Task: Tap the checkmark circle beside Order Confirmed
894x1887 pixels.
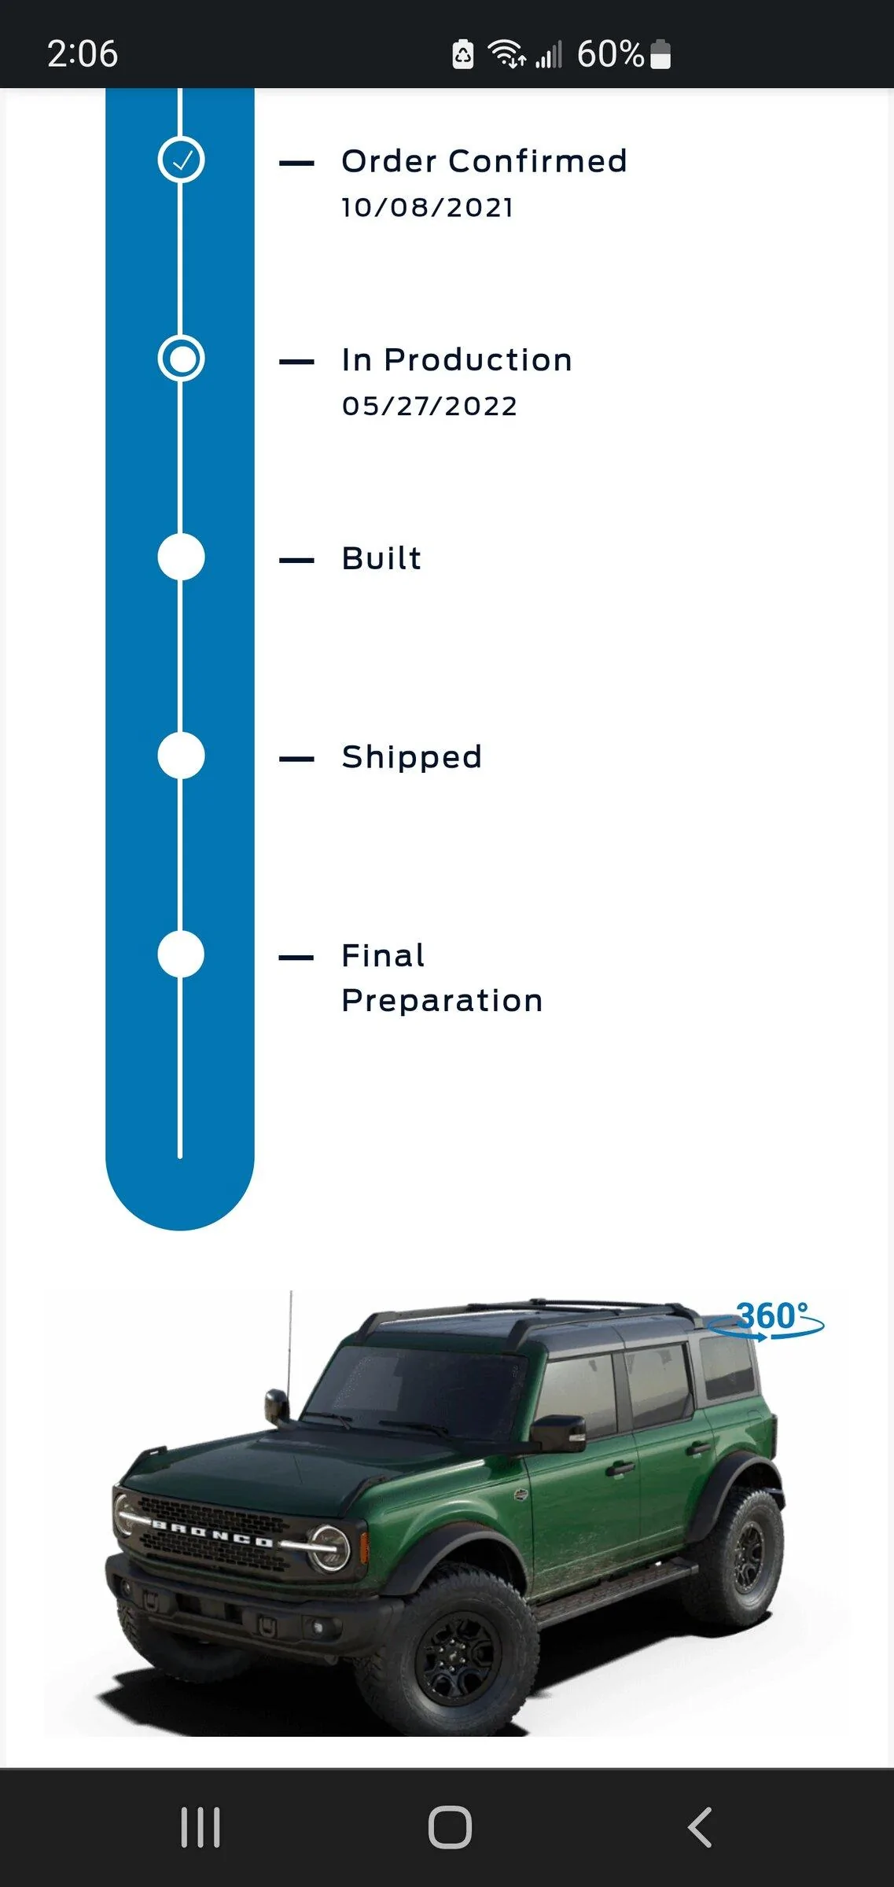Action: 181,160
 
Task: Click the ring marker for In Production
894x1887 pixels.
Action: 181,359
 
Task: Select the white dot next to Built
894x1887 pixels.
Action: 181,557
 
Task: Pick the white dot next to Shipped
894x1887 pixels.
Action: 181,756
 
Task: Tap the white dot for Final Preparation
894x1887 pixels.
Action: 181,955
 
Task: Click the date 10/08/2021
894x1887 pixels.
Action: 428,208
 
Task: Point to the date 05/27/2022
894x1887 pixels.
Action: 429,406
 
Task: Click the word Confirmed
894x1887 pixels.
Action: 538,161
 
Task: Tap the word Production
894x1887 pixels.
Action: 478,360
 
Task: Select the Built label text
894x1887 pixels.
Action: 381,558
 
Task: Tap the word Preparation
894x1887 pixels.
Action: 442,1002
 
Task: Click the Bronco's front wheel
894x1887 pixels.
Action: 456,1652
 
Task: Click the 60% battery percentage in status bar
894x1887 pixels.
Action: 610,54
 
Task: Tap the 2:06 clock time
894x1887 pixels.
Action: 83,54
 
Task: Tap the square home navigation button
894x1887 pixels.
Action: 450,1826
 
